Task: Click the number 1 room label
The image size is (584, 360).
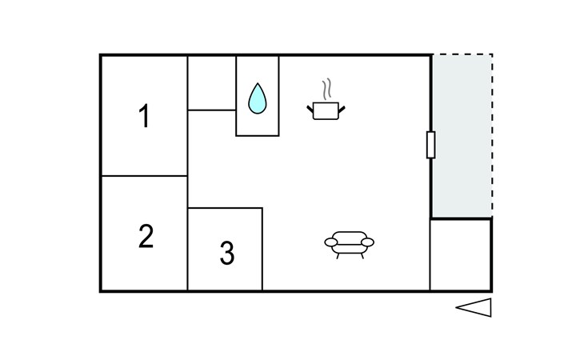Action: [x=144, y=117]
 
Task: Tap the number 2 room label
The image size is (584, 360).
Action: [x=145, y=237]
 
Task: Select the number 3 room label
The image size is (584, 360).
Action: [x=227, y=254]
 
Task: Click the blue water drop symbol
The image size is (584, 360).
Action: [x=257, y=98]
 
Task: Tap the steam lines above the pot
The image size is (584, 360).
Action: [x=326, y=88]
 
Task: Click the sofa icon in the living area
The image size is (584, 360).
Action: [x=350, y=242]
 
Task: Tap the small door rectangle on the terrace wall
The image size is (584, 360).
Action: [x=431, y=145]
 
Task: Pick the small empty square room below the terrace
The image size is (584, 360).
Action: [x=461, y=254]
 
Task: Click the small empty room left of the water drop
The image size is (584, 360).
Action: [x=211, y=82]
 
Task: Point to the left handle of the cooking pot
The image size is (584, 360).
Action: [x=310, y=106]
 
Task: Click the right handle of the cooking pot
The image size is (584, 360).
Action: [x=342, y=106]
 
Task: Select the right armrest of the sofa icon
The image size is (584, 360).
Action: [x=369, y=241]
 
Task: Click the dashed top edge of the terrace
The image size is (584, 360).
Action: [x=462, y=54]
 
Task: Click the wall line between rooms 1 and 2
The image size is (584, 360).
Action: [x=144, y=175]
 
